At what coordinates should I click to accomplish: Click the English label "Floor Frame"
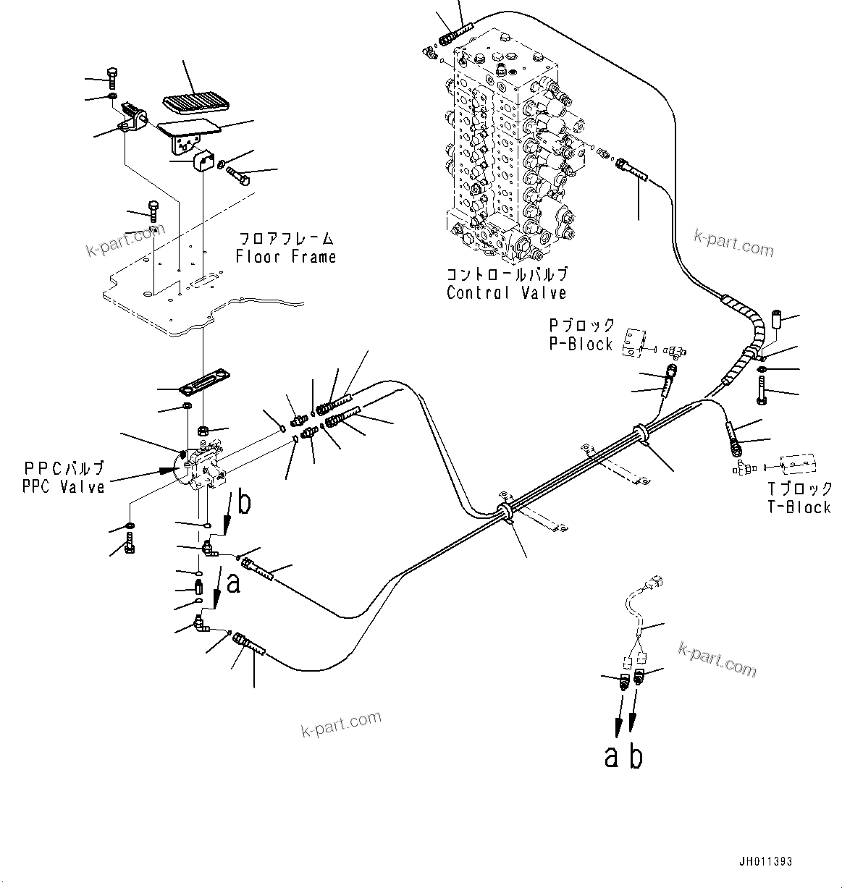coord(286,257)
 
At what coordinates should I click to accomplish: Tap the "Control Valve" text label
coord(506,293)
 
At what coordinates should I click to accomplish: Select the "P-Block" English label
coord(581,344)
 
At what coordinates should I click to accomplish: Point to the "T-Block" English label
coord(799,507)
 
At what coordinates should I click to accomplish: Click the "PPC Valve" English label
coord(64,487)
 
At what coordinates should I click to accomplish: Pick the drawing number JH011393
coord(765,862)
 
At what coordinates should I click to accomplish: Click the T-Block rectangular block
coord(799,464)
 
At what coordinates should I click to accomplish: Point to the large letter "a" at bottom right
coord(612,757)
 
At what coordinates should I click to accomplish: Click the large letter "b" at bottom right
coord(636,756)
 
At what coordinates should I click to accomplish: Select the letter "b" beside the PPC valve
coord(245,502)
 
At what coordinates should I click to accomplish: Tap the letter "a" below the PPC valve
coord(233,583)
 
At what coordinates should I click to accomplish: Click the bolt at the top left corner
coord(111,76)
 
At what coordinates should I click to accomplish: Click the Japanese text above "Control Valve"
coord(506,274)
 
